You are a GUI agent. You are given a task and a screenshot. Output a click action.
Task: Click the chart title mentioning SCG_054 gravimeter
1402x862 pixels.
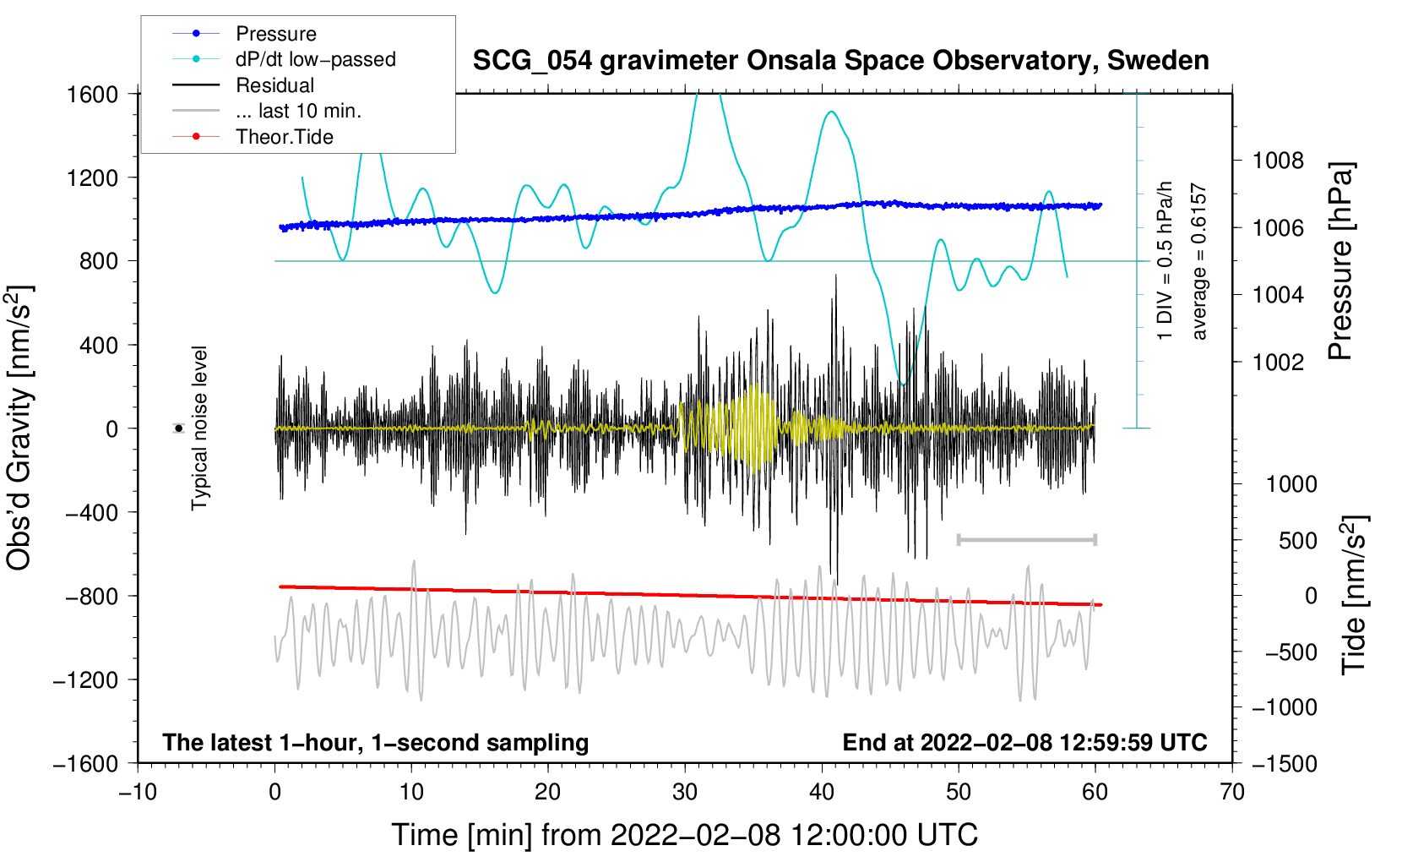point(840,61)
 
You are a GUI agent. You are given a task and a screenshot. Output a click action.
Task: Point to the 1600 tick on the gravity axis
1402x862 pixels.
point(93,95)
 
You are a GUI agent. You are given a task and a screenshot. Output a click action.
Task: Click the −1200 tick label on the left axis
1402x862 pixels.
point(86,680)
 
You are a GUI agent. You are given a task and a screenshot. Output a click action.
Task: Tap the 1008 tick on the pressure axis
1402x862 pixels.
point(1278,161)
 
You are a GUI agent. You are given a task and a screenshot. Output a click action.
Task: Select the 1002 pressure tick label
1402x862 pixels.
point(1278,362)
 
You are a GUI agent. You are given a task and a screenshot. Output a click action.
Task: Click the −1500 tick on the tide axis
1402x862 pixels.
point(1285,764)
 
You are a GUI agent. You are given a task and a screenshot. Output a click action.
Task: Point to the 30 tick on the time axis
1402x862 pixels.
point(685,793)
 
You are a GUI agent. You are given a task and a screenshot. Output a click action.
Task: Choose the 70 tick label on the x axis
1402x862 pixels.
point(1231,793)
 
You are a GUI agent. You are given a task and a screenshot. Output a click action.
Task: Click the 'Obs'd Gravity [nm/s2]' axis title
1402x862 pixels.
point(20,428)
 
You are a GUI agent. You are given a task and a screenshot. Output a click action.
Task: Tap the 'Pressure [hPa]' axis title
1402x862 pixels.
point(1340,261)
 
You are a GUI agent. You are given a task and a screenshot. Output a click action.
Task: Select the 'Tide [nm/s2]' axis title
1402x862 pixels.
point(1355,595)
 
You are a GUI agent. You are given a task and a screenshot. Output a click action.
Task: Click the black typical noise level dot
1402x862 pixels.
point(179,428)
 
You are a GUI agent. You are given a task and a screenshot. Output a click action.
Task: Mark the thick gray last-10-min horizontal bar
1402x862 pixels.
point(1027,539)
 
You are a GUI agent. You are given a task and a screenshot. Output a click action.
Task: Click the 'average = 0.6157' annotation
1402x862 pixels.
point(1198,261)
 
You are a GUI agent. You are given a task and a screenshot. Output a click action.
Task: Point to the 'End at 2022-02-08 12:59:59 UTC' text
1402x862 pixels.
point(1024,742)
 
